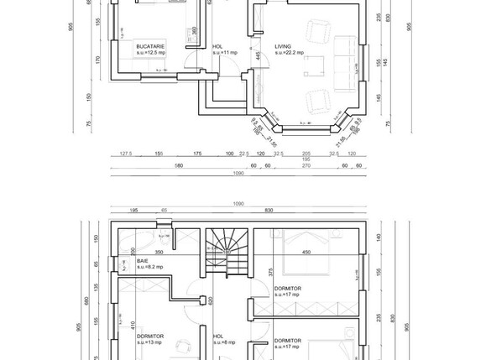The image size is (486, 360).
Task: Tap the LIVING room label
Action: click(x=284, y=47)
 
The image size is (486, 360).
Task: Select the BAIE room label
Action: click(x=144, y=261)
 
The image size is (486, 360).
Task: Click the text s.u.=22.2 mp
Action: click(x=289, y=53)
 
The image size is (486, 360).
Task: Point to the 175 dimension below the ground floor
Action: click(x=198, y=154)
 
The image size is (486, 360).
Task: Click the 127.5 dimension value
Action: click(x=127, y=154)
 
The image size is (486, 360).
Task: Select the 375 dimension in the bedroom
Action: click(x=270, y=271)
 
